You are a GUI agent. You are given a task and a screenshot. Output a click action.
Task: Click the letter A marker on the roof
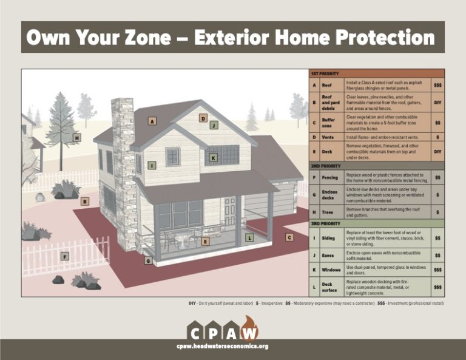152,121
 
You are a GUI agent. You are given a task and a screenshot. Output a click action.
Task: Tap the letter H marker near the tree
77,138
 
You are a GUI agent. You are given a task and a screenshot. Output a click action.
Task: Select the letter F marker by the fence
65,257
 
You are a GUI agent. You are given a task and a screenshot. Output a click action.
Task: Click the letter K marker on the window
213,158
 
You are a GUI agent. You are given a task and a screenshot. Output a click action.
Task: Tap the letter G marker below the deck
148,260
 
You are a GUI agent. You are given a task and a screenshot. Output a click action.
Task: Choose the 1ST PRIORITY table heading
325,73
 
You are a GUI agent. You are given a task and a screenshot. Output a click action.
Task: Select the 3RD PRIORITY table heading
326,223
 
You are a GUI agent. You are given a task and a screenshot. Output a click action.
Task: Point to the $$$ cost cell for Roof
437,86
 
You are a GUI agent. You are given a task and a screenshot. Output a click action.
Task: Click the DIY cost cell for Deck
437,152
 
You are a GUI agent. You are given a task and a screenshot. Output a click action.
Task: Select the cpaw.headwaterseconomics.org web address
222,346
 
